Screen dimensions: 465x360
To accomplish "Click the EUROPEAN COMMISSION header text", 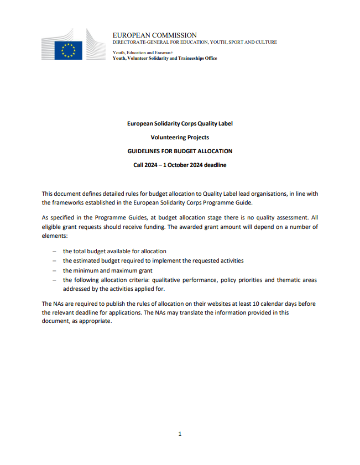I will (x=154, y=35).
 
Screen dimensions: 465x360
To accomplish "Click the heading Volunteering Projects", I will (x=180, y=137).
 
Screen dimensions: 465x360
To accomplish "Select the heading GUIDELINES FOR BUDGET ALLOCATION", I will (x=180, y=151).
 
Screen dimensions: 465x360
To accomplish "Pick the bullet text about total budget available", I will (x=114, y=251).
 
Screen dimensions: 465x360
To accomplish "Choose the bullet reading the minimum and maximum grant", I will (x=107, y=270).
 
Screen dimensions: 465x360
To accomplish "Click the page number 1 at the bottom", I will (x=180, y=433).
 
